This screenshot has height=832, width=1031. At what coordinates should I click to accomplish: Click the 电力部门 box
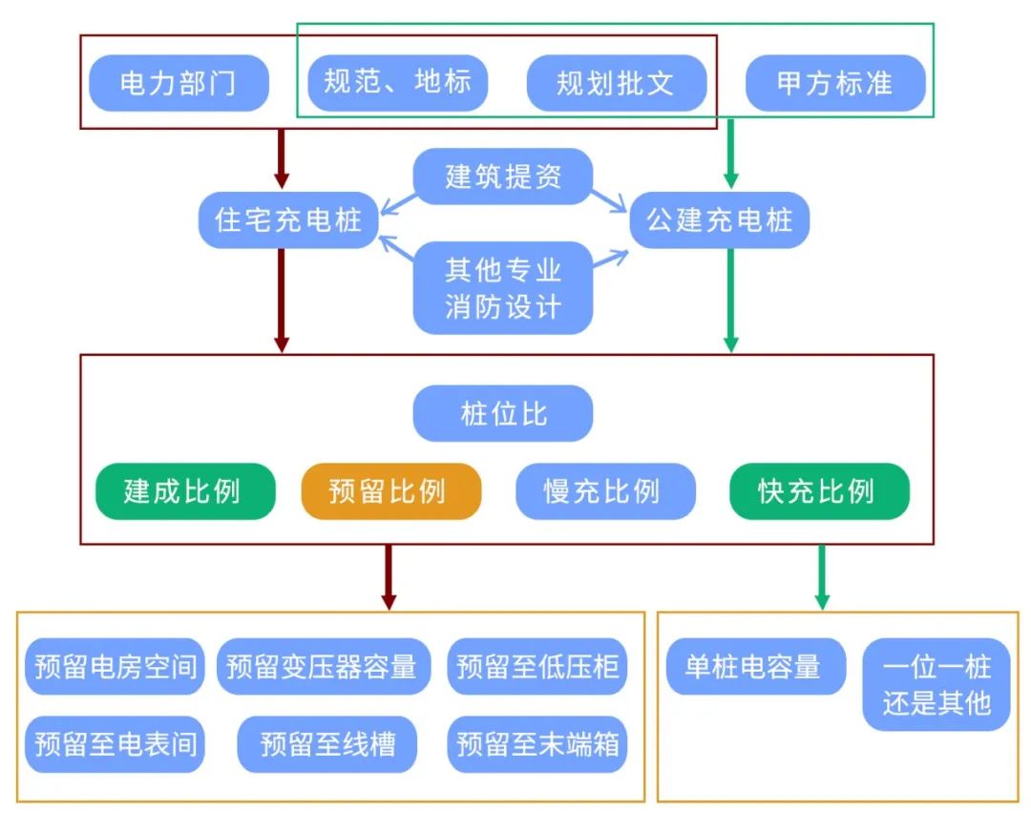pyautogui.click(x=179, y=83)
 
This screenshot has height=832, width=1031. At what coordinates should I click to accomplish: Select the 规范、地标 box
pyautogui.click(x=397, y=83)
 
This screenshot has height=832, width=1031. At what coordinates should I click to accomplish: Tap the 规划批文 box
pyautogui.click(x=616, y=83)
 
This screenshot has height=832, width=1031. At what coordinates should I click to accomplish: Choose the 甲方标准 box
pyautogui.click(x=835, y=83)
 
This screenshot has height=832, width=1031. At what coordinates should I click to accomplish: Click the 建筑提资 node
pyautogui.click(x=503, y=177)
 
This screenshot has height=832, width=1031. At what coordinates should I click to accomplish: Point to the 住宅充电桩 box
pyautogui.click(x=288, y=221)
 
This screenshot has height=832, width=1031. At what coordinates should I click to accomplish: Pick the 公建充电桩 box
pyautogui.click(x=720, y=221)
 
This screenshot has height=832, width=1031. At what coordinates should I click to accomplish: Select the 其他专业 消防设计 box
pyautogui.click(x=503, y=288)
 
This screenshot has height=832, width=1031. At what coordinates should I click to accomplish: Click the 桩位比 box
pyautogui.click(x=503, y=415)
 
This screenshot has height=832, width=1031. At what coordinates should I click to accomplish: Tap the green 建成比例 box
pyautogui.click(x=185, y=491)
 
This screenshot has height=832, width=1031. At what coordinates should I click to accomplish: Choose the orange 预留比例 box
pyautogui.click(x=391, y=491)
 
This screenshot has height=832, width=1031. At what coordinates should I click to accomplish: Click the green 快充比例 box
pyautogui.click(x=819, y=491)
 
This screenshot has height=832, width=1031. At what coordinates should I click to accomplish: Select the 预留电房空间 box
pyautogui.click(x=115, y=666)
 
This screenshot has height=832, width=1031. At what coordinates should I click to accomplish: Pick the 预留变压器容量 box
pyautogui.click(x=324, y=666)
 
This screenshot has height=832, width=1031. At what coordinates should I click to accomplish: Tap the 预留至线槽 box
pyautogui.click(x=326, y=743)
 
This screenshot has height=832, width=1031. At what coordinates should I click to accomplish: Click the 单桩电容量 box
pyautogui.click(x=755, y=666)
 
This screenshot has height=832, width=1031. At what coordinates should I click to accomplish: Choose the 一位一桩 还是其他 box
pyautogui.click(x=936, y=685)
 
